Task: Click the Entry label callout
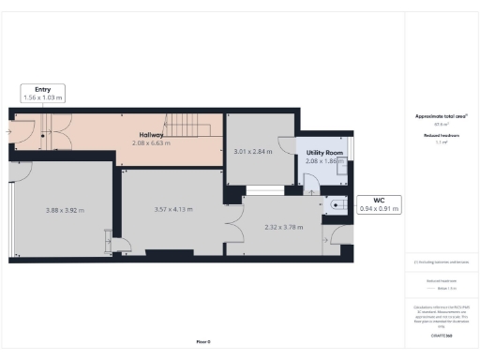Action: click(x=43, y=92)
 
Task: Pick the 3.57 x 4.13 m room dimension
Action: click(x=173, y=210)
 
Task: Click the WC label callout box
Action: click(x=380, y=204)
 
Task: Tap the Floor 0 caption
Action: click(x=202, y=341)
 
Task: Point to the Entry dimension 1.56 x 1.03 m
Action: click(x=43, y=97)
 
